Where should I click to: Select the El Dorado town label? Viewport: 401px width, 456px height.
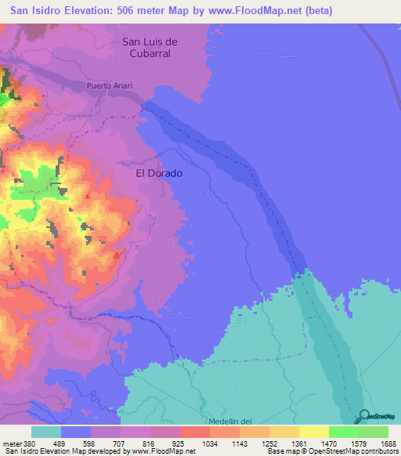click(159, 173)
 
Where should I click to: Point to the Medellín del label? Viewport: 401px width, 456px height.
click(233, 422)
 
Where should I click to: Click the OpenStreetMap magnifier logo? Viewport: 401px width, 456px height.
click(363, 417)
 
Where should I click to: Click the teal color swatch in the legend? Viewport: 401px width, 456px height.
click(46, 432)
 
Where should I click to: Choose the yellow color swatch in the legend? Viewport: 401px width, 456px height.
click(313, 432)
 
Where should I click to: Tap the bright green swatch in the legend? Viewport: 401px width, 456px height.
click(343, 432)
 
